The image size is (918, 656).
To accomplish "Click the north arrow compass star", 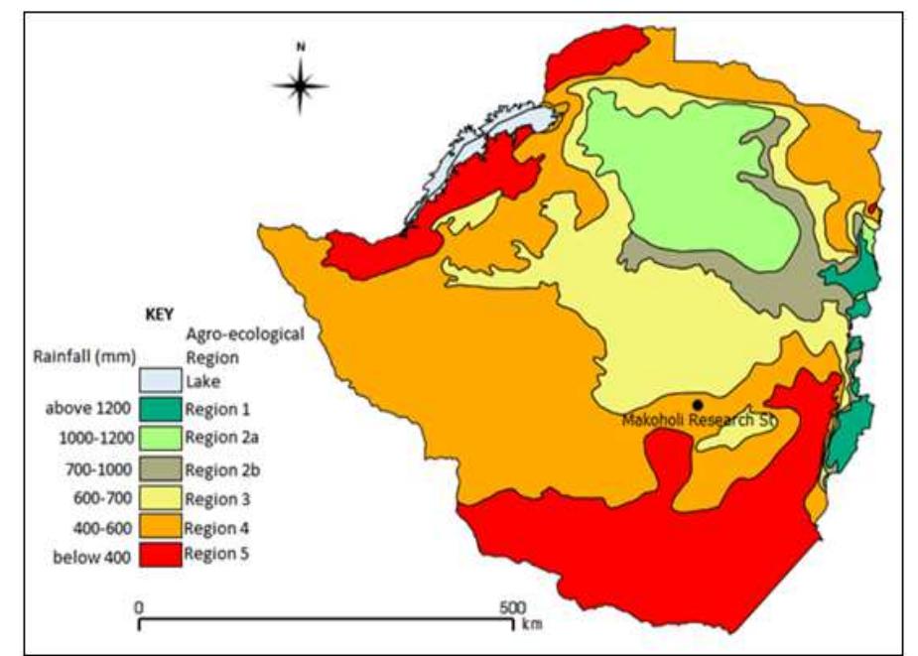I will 301,84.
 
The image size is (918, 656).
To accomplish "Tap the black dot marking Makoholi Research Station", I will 698,404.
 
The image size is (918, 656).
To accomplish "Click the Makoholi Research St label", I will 698,420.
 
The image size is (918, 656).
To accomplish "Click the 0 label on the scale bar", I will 140,607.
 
